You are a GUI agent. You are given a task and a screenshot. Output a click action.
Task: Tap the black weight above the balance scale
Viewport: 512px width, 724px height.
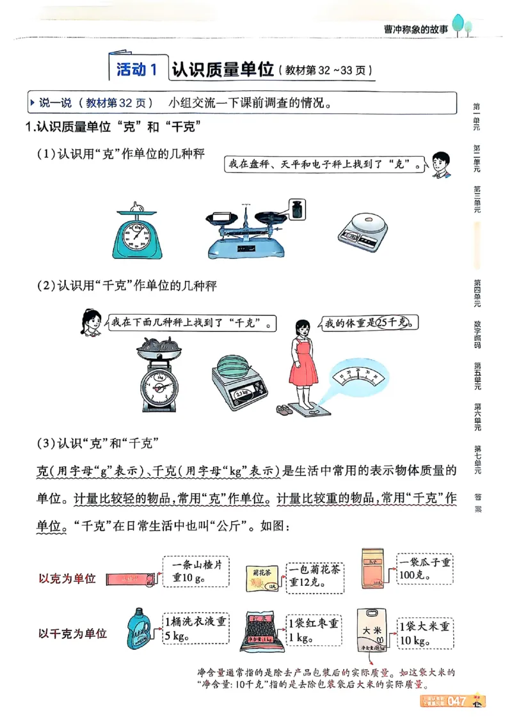pos(297,209)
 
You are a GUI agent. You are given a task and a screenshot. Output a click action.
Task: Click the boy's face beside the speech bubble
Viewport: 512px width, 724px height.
pos(439,165)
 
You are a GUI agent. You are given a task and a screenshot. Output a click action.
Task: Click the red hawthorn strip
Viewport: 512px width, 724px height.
pos(127,578)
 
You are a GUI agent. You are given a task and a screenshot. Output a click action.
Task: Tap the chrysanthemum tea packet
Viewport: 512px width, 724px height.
pos(262,577)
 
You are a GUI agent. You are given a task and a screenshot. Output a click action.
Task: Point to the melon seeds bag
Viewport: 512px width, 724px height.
pos(376,564)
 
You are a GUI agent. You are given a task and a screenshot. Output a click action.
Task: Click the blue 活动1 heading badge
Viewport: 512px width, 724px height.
pos(136,70)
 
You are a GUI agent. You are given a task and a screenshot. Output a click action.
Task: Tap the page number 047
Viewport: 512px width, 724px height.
pos(456,701)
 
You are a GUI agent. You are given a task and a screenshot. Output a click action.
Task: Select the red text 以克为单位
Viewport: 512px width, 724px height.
pos(68,578)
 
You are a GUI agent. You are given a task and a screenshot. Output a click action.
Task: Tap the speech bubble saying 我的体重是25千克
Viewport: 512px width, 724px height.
pos(369,323)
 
